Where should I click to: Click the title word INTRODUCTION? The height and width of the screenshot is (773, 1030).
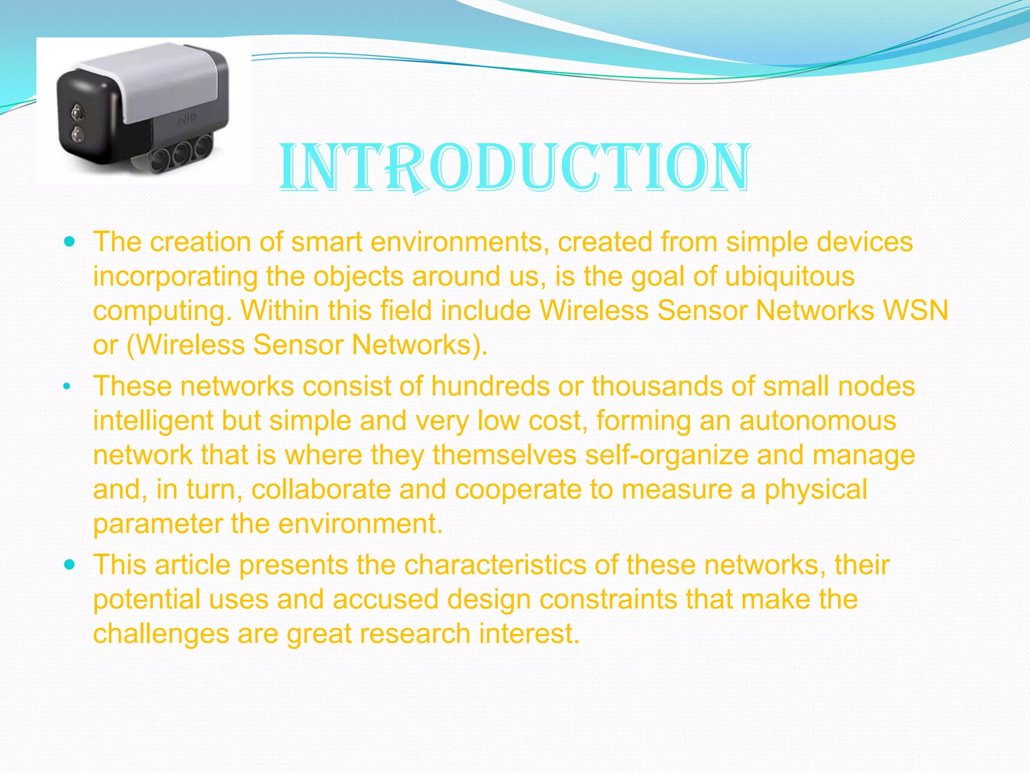[515, 167]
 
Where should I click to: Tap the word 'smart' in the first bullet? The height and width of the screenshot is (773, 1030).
[327, 242]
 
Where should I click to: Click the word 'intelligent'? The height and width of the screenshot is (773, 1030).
[153, 421]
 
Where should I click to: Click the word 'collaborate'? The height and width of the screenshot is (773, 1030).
[321, 489]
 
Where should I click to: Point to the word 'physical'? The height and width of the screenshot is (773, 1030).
[816, 489]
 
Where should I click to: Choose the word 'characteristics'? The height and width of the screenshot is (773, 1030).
[495, 565]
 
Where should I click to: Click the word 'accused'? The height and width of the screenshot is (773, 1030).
[386, 599]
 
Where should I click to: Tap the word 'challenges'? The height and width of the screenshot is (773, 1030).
[161, 633]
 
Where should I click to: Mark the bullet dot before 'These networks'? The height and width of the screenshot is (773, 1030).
[67, 387]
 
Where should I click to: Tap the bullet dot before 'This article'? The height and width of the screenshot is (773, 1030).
[70, 565]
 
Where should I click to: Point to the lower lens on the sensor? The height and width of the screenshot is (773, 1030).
[77, 134]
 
